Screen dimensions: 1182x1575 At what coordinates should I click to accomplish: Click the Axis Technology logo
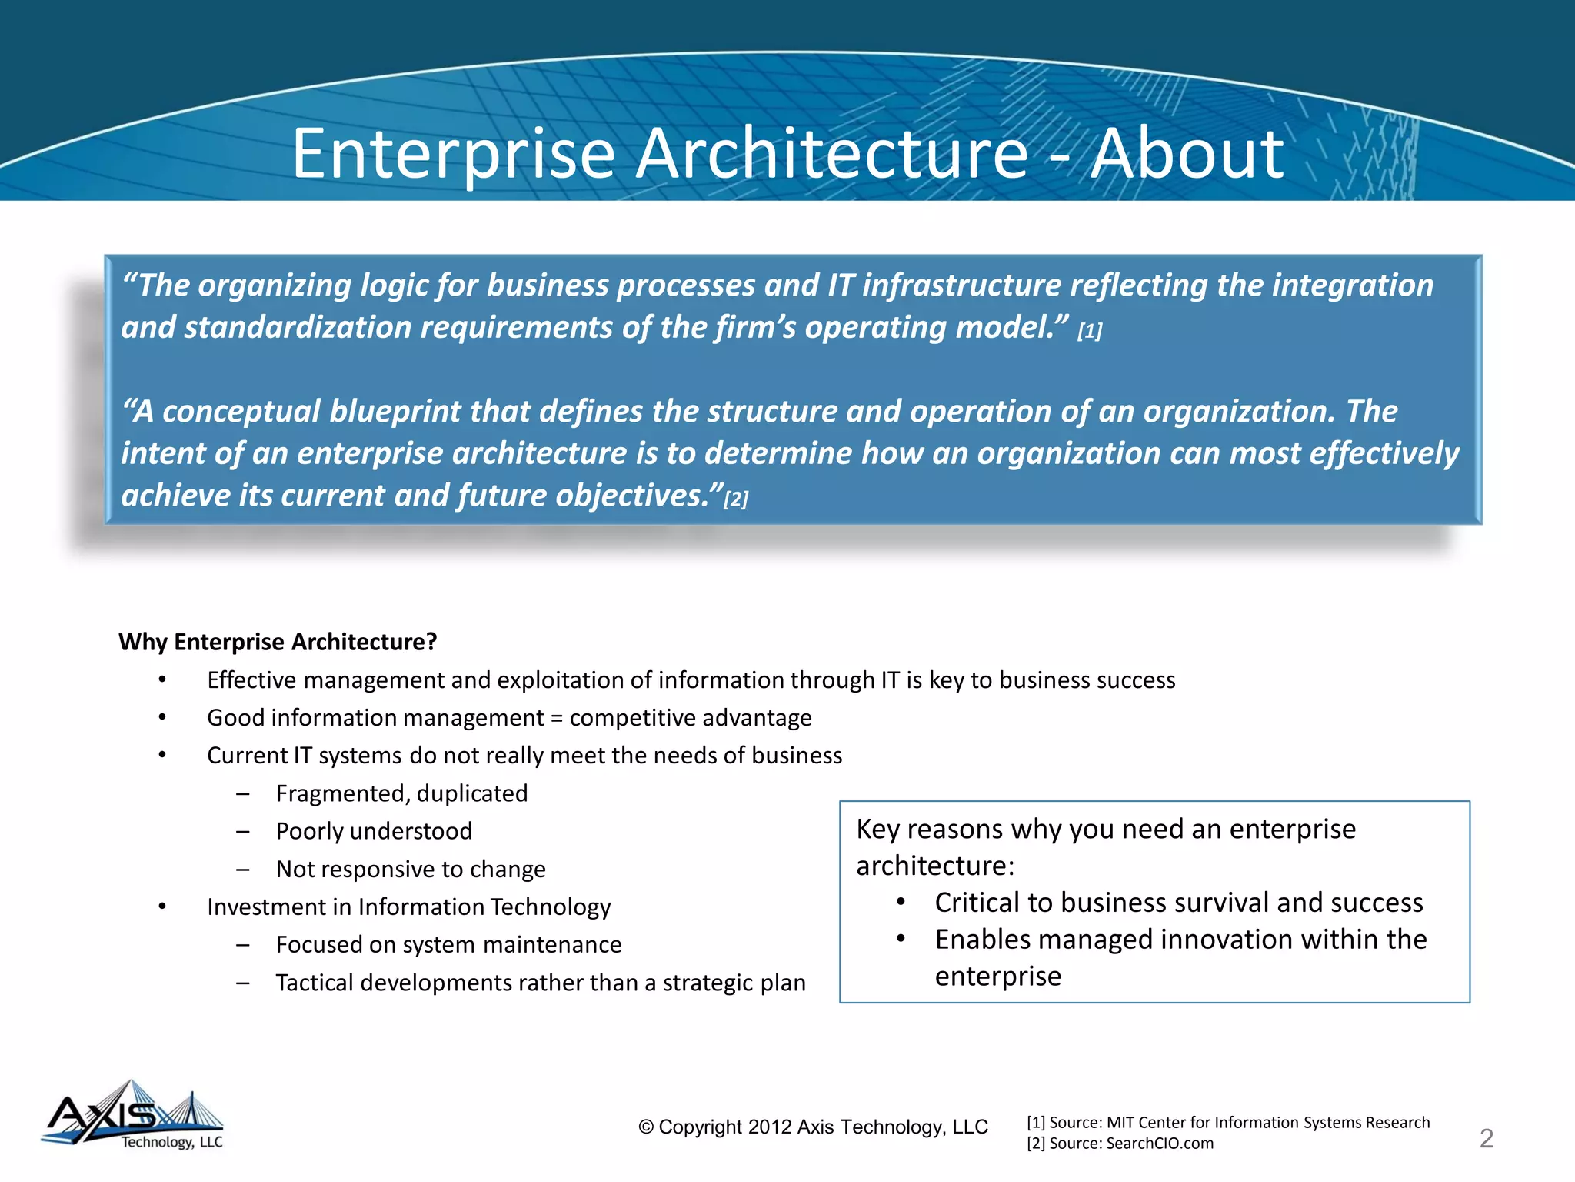132,1116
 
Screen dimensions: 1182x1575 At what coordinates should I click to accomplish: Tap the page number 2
1486,1138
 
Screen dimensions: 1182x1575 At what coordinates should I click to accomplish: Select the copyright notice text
813,1127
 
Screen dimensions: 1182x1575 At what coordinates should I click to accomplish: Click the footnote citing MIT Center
1227,1122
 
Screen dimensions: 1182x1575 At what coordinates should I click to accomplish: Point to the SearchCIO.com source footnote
1120,1144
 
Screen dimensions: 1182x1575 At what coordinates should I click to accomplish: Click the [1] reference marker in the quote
1090,331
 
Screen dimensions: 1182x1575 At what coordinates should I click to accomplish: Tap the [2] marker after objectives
736,499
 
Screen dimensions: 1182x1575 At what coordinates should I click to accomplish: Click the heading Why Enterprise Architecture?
278,642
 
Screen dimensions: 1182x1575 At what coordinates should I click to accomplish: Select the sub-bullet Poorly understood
374,831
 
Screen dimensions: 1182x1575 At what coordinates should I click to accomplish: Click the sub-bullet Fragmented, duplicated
401,793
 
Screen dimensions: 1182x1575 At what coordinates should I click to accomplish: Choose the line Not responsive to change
411,869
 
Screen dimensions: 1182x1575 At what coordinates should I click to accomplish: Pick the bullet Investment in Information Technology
408,907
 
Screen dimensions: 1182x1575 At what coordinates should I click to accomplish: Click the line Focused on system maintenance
448,944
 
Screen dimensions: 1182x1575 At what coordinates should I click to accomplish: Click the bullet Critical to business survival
1178,902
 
